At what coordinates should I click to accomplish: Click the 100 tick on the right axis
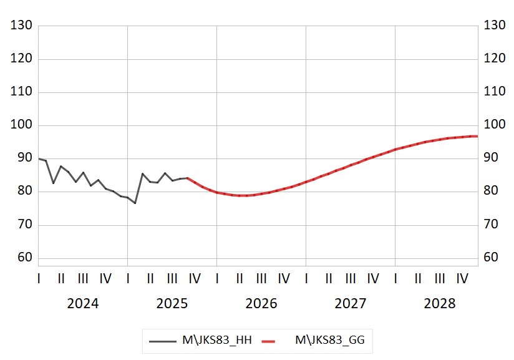click(x=494, y=125)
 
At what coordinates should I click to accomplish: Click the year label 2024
click(x=83, y=304)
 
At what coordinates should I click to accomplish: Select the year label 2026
click(x=261, y=304)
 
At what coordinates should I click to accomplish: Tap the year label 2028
click(x=440, y=304)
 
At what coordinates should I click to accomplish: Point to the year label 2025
click(x=172, y=304)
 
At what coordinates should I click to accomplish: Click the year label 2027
click(x=351, y=304)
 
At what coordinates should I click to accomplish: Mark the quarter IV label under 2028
click(x=462, y=278)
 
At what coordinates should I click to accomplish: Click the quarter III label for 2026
click(x=261, y=278)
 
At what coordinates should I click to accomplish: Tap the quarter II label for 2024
click(x=61, y=278)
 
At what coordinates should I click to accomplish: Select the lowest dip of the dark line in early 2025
click(x=135, y=203)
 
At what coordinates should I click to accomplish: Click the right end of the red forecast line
click(x=477, y=136)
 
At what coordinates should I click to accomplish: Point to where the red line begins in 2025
click(x=187, y=178)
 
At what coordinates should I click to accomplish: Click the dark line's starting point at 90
click(x=39, y=158)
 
